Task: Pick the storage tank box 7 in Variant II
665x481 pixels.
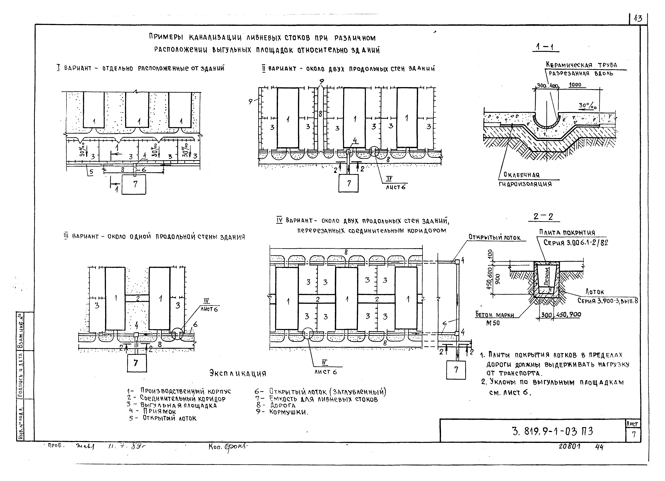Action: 348,183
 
